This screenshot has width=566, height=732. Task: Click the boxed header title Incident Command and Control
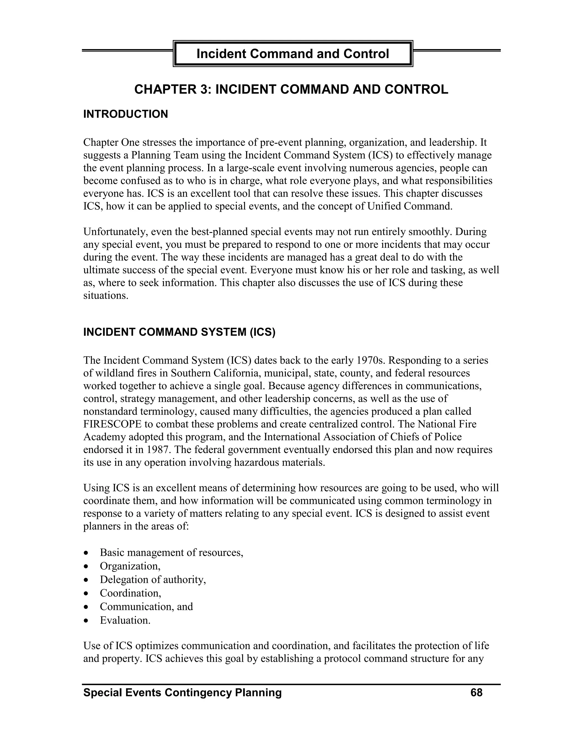coord(292,54)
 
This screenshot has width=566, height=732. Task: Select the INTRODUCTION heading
coord(125,114)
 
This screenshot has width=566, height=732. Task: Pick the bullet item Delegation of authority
coord(153,580)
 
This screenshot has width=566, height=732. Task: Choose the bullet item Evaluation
coord(125,620)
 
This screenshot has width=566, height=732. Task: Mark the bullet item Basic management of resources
coord(171,552)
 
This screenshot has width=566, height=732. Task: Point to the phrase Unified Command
coord(410,206)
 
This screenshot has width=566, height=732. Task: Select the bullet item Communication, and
coord(146,607)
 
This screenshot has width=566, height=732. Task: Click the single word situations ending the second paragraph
coord(106,296)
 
